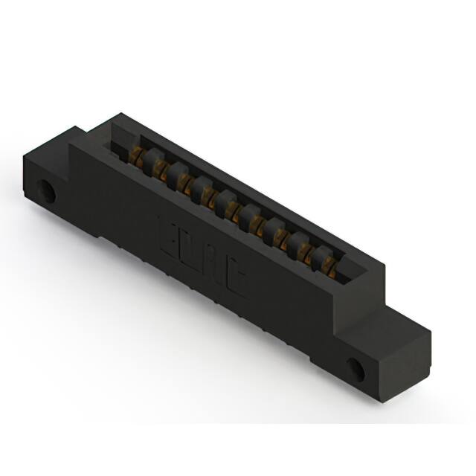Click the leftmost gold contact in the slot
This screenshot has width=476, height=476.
[x=137, y=155]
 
